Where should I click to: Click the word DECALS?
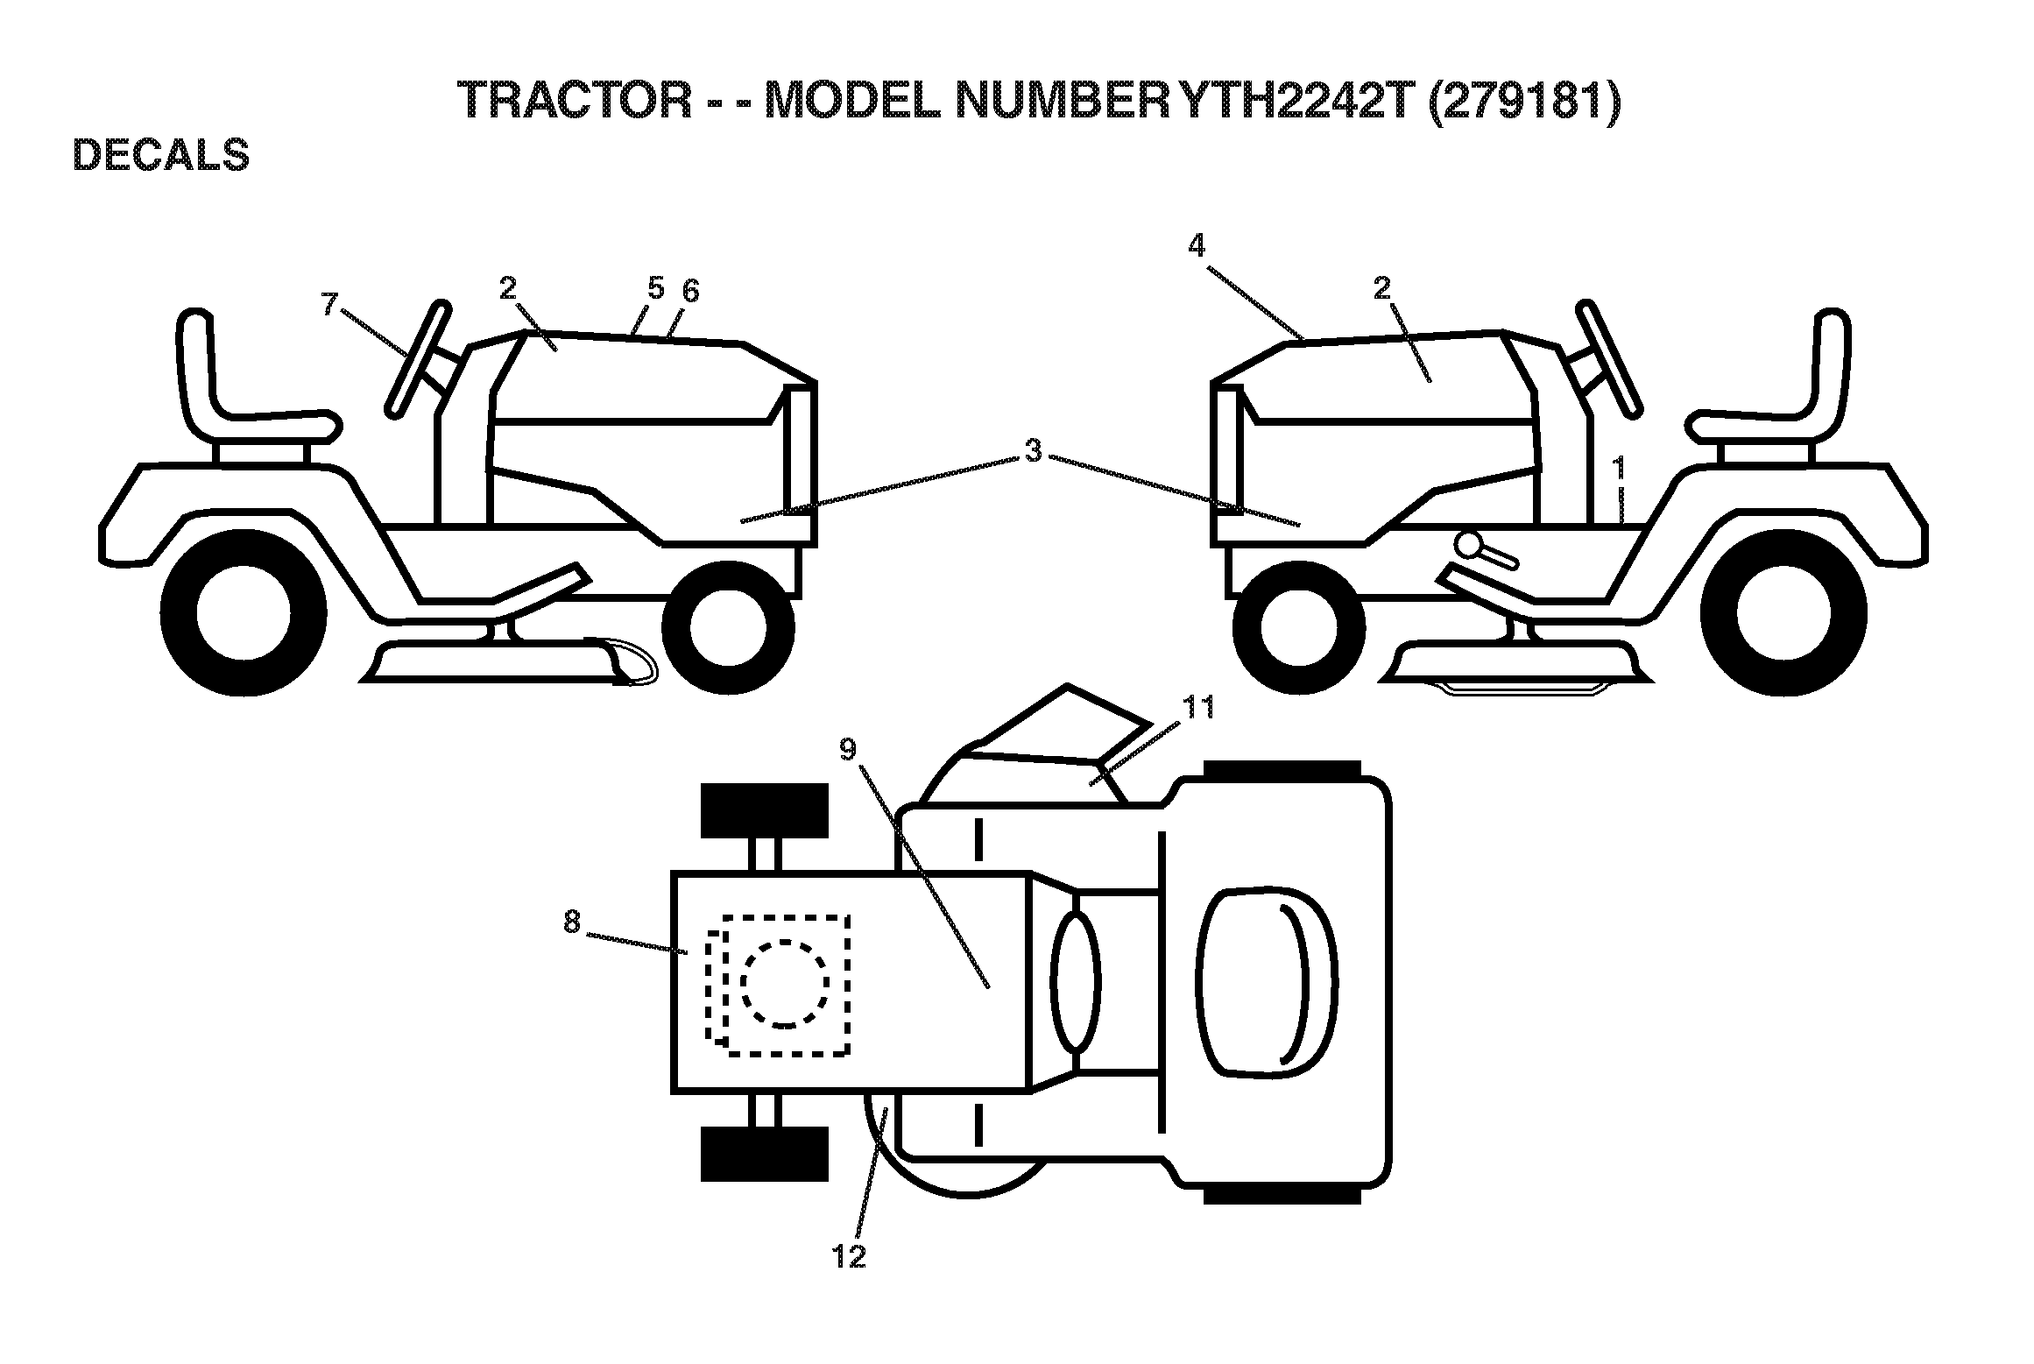pos(161,154)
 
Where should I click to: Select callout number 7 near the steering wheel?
pos(329,305)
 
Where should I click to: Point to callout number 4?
pos(1196,247)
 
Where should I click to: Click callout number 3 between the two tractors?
pos(1034,450)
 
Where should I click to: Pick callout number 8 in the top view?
pos(571,922)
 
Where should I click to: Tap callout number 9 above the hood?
pos(847,749)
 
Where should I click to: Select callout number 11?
pos(1199,707)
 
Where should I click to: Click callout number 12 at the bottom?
pos(849,1256)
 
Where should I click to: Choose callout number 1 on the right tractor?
pos(1620,468)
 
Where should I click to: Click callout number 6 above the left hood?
pos(690,292)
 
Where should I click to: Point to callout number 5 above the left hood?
pos(656,287)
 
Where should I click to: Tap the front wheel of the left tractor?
pos(728,627)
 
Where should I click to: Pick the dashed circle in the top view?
pos(785,983)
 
